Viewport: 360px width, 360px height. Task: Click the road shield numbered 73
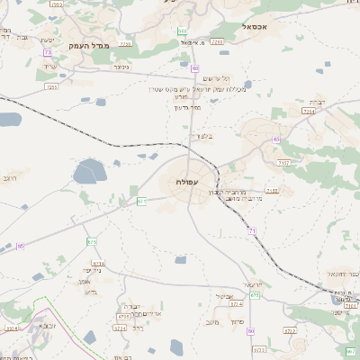[47, 53]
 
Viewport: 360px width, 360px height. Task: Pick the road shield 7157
[284, 162]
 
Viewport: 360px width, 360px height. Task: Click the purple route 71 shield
[253, 231]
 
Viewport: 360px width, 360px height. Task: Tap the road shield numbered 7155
[272, 191]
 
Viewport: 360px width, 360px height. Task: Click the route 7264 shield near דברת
[309, 112]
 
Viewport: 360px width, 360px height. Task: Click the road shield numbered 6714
[100, 263]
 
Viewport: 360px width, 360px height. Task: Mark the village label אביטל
[225, 297]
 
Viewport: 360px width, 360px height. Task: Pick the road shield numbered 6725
[124, 317]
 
